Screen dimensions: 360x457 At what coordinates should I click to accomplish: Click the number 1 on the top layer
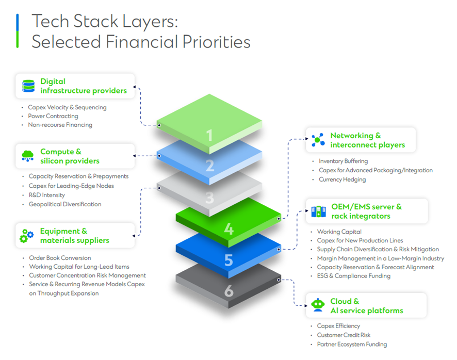(209, 136)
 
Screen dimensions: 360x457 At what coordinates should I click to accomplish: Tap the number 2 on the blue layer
(209, 166)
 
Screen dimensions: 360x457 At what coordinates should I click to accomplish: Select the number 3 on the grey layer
(209, 198)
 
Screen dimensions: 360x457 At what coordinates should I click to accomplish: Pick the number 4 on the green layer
(228, 228)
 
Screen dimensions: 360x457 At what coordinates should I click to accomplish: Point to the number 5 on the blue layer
(228, 260)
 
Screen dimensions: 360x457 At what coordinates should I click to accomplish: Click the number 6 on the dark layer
(228, 291)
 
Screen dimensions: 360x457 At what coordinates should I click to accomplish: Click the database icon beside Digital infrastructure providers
(28, 86)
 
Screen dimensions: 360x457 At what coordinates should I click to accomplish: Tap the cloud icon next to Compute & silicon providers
(27, 156)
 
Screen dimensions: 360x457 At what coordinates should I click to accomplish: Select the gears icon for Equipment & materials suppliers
(26, 236)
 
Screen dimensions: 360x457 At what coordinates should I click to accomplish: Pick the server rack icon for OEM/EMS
(318, 211)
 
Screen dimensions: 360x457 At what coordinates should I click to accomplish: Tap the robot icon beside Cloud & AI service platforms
(318, 305)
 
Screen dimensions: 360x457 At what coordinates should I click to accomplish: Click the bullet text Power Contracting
(53, 116)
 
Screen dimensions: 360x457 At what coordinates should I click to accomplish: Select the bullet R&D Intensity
(47, 195)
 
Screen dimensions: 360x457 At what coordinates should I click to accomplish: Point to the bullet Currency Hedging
(342, 179)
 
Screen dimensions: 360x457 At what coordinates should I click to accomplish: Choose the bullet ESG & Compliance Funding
(353, 276)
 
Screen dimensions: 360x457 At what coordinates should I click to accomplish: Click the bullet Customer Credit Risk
(343, 335)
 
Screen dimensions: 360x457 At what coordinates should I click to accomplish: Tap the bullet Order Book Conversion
(60, 258)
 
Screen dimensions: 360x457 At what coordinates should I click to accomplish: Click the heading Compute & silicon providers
(70, 156)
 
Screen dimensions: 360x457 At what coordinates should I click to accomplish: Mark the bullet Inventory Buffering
(343, 161)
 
